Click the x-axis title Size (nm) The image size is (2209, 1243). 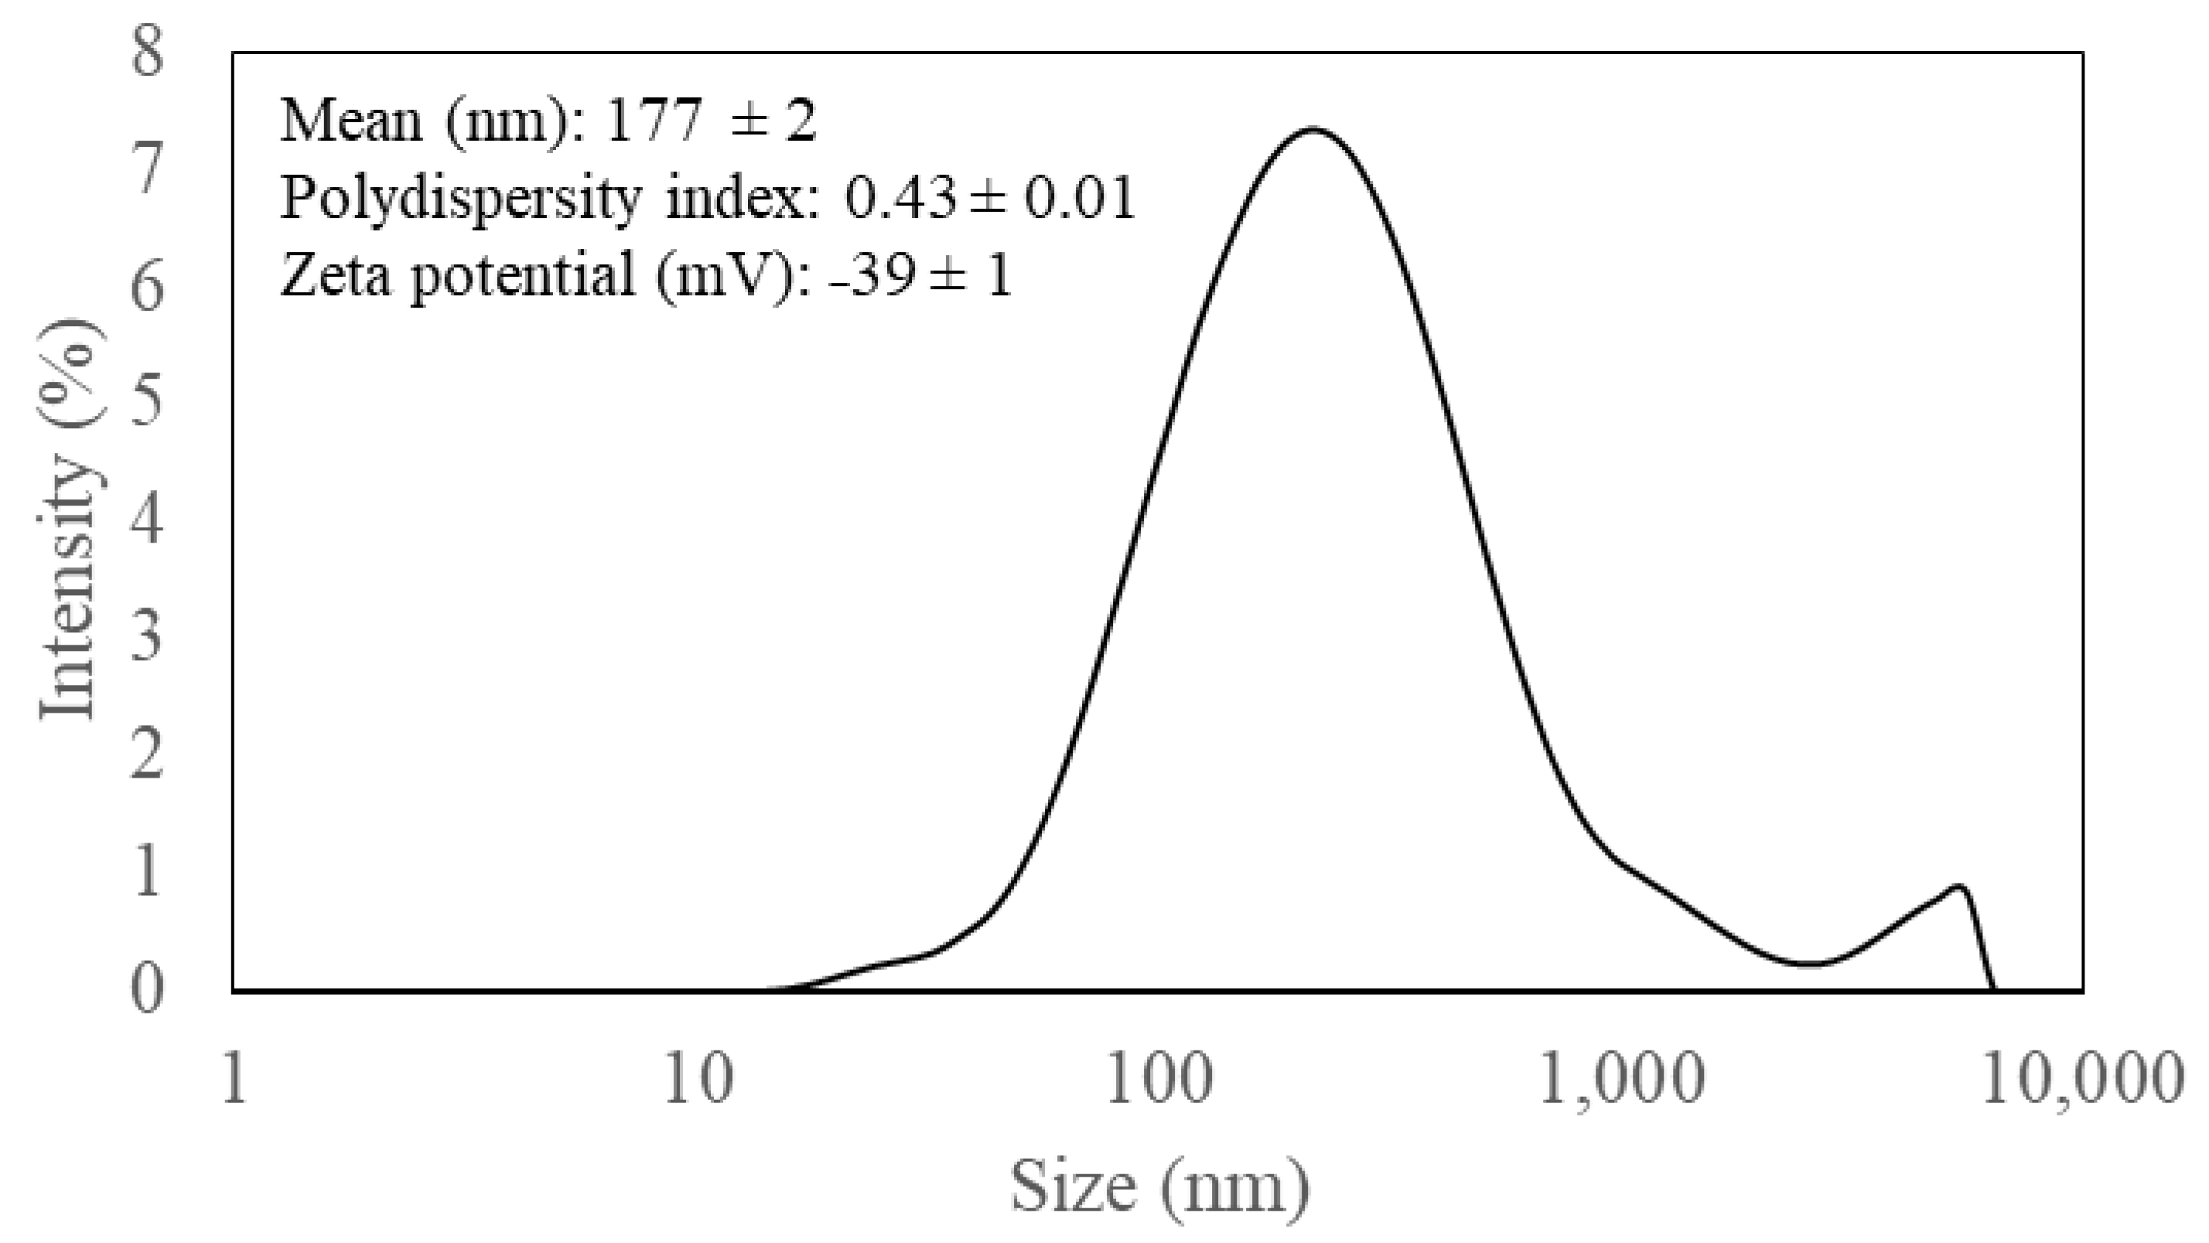pyautogui.click(x=1159, y=1187)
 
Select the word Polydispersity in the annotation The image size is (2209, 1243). pyautogui.click(x=460, y=199)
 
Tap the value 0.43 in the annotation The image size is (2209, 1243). pyautogui.click(x=900, y=199)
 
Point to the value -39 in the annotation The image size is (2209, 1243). pyautogui.click(x=869, y=276)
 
